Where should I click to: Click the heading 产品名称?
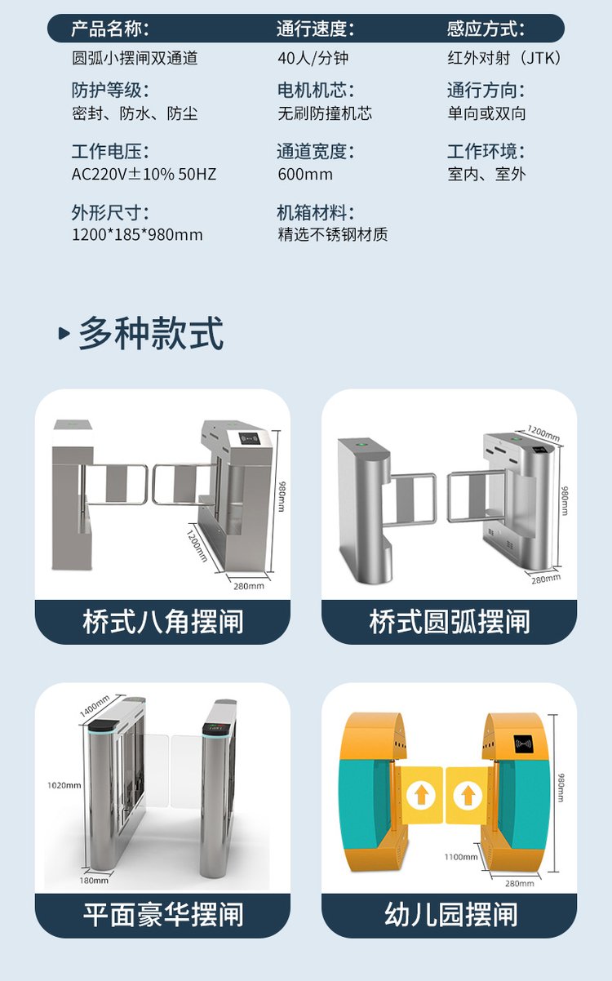pyautogui.click(x=110, y=29)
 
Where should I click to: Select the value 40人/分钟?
pyautogui.click(x=313, y=58)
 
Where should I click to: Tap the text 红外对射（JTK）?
pyautogui.click(x=503, y=58)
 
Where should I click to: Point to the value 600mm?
pyautogui.click(x=305, y=175)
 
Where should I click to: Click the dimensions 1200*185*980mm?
pyautogui.click(x=137, y=235)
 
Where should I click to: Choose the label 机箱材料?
pyautogui.click(x=316, y=213)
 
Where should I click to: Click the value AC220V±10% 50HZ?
pyautogui.click(x=144, y=175)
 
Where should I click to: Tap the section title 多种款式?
pyautogui.click(x=151, y=333)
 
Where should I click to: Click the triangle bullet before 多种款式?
pyautogui.click(x=64, y=334)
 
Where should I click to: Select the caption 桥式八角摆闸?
pyautogui.click(x=163, y=622)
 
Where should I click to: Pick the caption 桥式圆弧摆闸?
pyautogui.click(x=449, y=622)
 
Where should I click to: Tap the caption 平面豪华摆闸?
pyautogui.click(x=163, y=914)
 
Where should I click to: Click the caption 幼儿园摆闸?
pyautogui.click(x=451, y=914)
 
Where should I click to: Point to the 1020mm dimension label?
pyautogui.click(x=64, y=786)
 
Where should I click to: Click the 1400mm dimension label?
pyautogui.click(x=95, y=706)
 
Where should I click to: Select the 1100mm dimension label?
pyautogui.click(x=461, y=857)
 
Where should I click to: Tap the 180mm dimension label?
pyautogui.click(x=94, y=881)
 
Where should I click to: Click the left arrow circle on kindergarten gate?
pyautogui.click(x=421, y=794)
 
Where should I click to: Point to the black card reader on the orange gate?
pyautogui.click(x=524, y=744)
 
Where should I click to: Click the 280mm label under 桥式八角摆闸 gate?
pyautogui.click(x=249, y=586)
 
